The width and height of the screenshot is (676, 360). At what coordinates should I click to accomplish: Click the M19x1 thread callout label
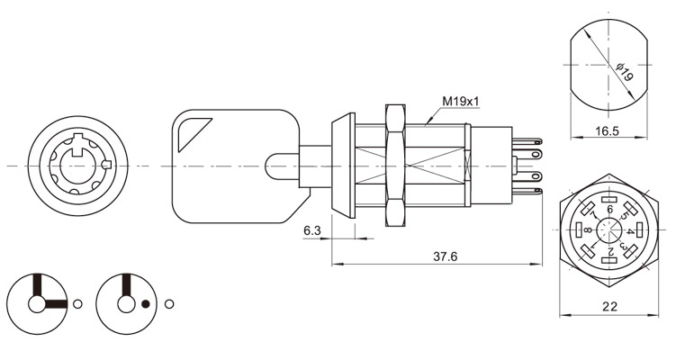pyautogui.click(x=461, y=102)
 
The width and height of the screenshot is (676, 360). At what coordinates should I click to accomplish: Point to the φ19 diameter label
pyautogui.click(x=625, y=72)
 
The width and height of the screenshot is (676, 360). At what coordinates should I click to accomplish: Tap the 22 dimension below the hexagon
pyautogui.click(x=609, y=307)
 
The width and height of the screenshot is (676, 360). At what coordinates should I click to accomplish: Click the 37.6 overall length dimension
pyautogui.click(x=445, y=256)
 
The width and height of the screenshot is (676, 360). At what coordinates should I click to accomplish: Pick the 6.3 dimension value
pyautogui.click(x=312, y=230)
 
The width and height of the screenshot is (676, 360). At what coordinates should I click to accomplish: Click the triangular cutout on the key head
pyautogui.click(x=193, y=134)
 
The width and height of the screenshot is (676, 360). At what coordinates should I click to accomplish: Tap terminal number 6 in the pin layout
pyautogui.click(x=609, y=210)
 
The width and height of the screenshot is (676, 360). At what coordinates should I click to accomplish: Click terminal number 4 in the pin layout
pyautogui.click(x=629, y=231)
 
